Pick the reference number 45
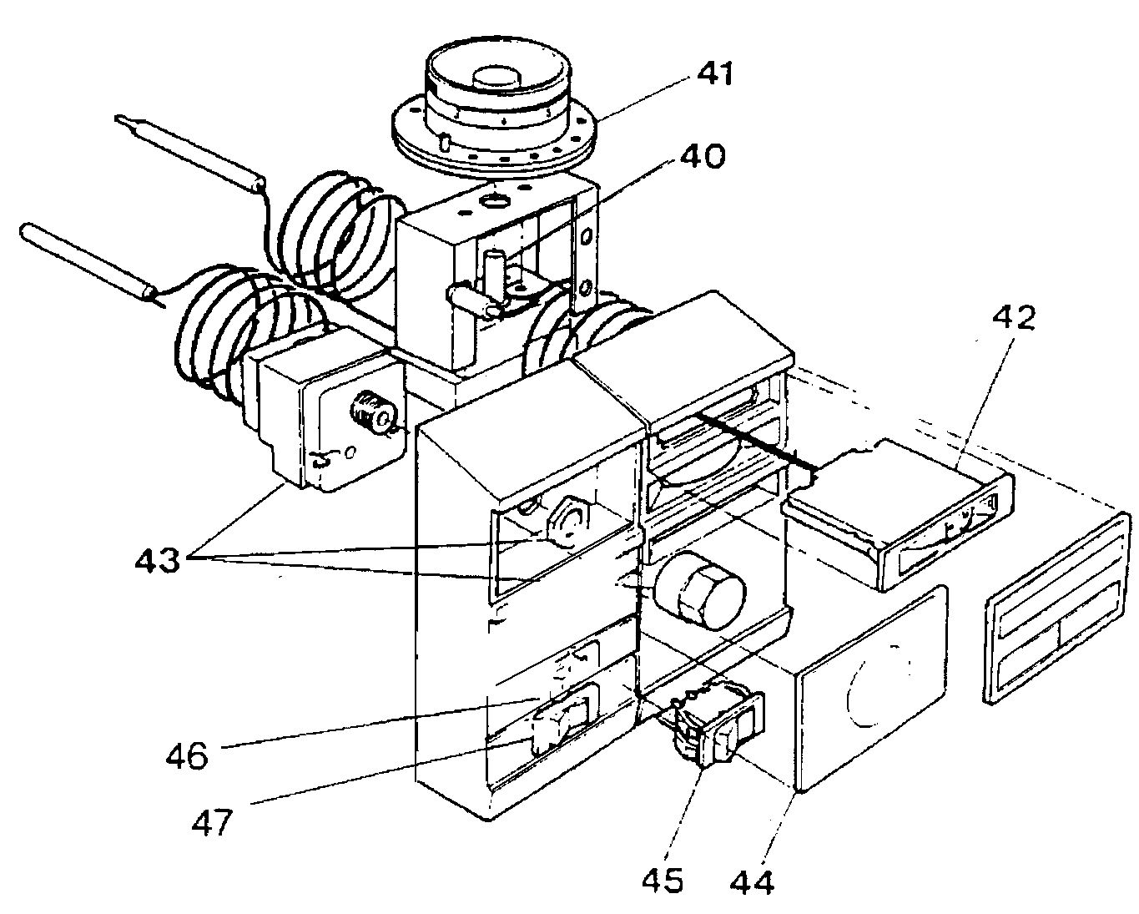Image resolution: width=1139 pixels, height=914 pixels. point(664,879)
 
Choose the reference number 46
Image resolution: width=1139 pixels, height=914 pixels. point(186,757)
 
